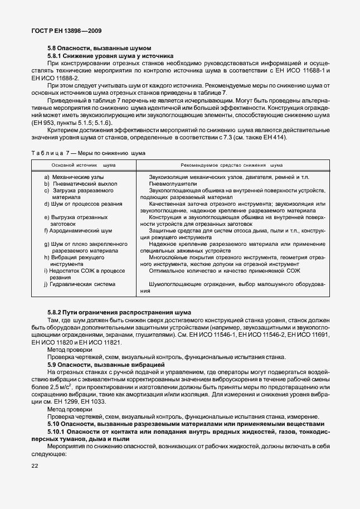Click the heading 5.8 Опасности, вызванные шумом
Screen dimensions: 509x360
[99, 49]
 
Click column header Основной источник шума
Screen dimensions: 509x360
[84, 166]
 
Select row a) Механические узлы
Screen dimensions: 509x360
[74, 177]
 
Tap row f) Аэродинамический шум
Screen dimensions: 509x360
[78, 230]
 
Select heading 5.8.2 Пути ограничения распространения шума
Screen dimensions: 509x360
[119, 312]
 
